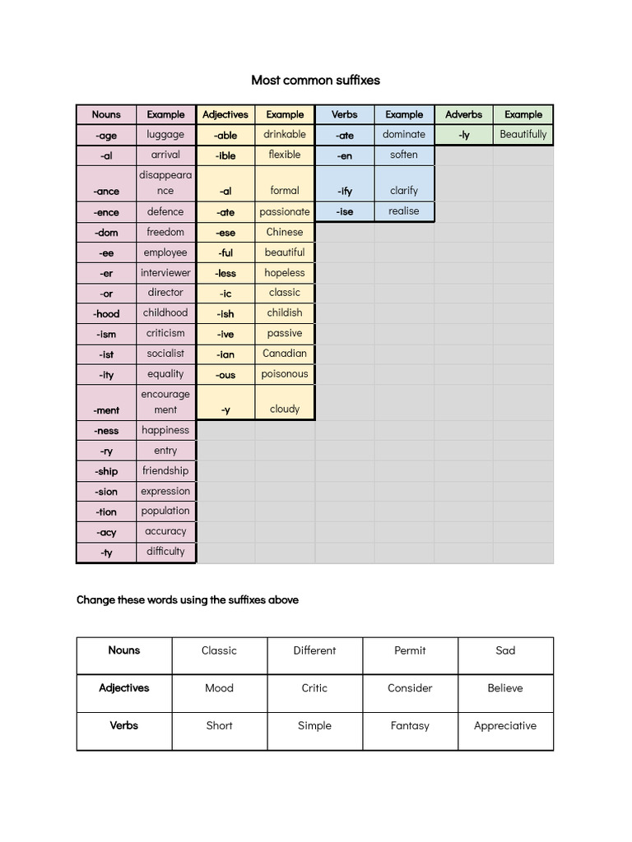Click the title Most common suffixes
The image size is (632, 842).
click(x=315, y=81)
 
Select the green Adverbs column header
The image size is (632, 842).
click(x=463, y=114)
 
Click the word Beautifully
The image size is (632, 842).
click(x=523, y=134)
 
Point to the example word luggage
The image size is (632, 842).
click(x=165, y=134)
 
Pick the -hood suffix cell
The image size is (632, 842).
click(x=106, y=313)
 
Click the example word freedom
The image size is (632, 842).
click(x=165, y=232)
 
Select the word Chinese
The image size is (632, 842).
click(x=285, y=232)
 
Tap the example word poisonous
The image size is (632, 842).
click(x=285, y=374)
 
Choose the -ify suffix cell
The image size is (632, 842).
click(x=346, y=191)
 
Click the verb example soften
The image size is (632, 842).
click(x=404, y=155)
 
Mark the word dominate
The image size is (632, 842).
click(x=404, y=134)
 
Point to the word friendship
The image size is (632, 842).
click(x=165, y=471)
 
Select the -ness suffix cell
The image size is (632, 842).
click(x=106, y=431)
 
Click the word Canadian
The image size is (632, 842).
click(x=285, y=354)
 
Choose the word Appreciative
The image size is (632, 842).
click(x=505, y=726)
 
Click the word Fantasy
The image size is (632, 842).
click(x=410, y=726)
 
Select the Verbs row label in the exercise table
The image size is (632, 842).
click(x=124, y=725)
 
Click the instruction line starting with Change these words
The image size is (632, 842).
click(x=188, y=600)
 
